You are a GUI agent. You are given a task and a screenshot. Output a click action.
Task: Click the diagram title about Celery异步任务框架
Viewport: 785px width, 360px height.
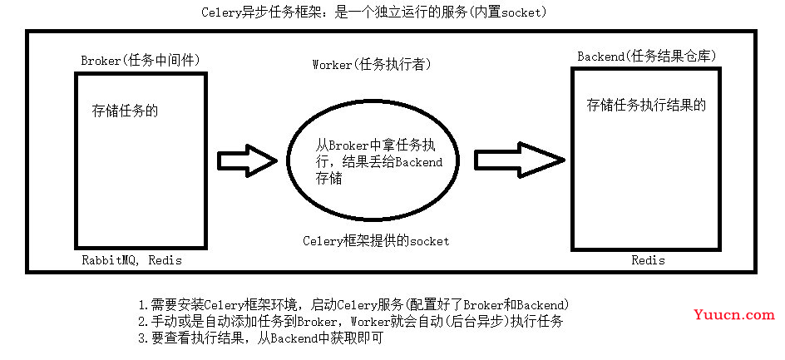coord(373,13)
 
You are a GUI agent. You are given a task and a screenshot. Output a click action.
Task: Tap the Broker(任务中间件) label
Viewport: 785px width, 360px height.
coord(141,61)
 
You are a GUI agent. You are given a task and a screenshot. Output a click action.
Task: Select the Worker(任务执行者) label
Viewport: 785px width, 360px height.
coord(372,65)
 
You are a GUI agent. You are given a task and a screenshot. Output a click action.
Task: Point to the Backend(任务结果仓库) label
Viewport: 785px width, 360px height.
coord(647,57)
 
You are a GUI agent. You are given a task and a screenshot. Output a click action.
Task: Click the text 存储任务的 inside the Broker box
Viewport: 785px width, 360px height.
coord(126,111)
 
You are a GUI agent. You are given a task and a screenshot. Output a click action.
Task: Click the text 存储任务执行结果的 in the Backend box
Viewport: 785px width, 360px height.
coord(646,105)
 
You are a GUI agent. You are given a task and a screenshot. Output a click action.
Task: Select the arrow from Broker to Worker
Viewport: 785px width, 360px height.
coord(247,160)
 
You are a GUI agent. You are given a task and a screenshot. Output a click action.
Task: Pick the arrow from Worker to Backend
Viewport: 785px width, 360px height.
coord(520,160)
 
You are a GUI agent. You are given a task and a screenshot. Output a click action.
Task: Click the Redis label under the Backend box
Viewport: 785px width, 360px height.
coord(649,260)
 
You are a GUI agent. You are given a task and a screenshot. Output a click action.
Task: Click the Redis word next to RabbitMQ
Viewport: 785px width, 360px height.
coord(165,260)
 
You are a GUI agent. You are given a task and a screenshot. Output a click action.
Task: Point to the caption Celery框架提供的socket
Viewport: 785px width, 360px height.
coord(376,241)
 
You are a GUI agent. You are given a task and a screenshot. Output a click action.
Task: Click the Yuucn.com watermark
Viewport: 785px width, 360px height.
coord(734,315)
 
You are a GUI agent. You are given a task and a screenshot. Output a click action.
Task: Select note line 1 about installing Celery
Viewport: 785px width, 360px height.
coord(354,304)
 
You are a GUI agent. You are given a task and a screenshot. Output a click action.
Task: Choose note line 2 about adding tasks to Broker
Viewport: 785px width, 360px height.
coord(354,321)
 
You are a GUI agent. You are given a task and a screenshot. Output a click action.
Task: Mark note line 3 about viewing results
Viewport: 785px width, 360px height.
coord(261,338)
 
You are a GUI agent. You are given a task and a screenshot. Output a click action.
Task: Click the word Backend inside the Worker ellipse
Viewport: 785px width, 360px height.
coord(420,162)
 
